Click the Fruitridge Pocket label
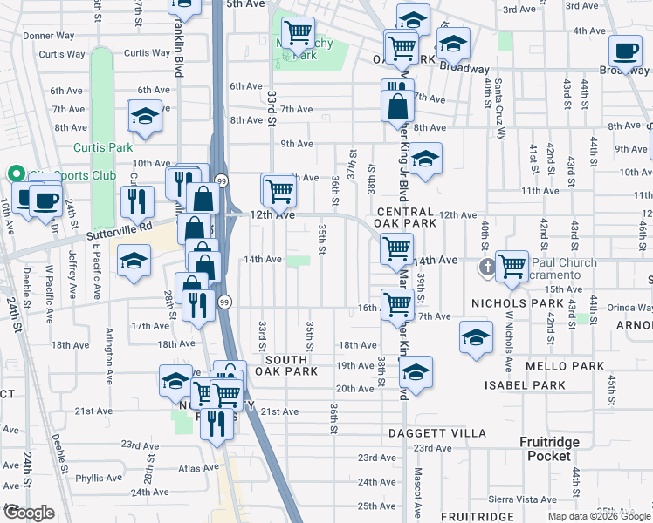point(549,450)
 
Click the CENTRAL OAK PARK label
point(406,218)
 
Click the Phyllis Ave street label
point(98,478)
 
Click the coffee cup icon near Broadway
point(625,51)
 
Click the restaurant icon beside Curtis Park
point(137,200)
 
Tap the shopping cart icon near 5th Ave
point(298,32)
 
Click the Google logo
point(29,513)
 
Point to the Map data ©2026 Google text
point(598,516)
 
